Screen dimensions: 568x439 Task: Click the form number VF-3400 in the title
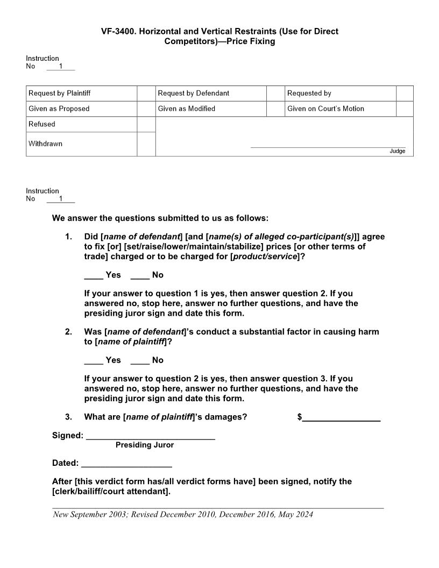coord(119,32)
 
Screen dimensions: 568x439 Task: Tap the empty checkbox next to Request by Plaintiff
coord(146,94)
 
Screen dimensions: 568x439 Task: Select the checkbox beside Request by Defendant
coord(275,94)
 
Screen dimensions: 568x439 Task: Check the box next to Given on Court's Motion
coord(405,109)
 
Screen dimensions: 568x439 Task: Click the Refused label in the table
coord(42,124)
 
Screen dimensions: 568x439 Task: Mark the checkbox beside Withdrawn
coord(146,144)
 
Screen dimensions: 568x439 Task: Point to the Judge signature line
coord(328,146)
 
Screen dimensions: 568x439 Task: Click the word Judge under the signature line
coord(397,151)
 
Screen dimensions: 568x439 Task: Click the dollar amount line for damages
coord(341,420)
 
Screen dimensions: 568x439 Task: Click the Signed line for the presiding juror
coord(150,438)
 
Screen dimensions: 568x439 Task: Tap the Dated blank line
coord(126,466)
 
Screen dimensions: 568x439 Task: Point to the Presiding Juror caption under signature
coord(145,445)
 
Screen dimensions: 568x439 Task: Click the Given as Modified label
coord(187,109)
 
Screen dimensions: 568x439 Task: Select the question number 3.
coord(68,417)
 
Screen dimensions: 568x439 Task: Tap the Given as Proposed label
coord(59,109)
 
